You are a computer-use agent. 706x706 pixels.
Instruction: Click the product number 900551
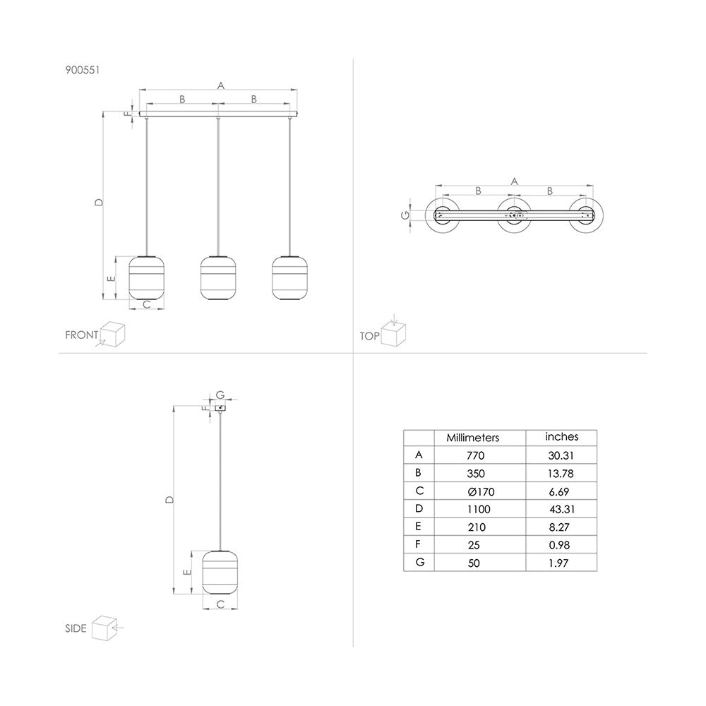83,70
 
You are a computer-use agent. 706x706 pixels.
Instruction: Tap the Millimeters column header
473,438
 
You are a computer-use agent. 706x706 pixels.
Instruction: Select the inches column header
561,437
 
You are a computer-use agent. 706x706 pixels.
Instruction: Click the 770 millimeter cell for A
475,455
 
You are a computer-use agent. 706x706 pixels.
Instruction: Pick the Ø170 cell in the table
481,491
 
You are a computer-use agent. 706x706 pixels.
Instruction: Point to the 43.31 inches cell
562,509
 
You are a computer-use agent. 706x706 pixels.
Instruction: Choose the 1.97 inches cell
558,563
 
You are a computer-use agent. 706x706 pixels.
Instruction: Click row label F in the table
418,544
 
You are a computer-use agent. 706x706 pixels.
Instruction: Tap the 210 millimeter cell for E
477,527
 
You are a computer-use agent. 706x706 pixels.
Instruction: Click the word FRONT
81,335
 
